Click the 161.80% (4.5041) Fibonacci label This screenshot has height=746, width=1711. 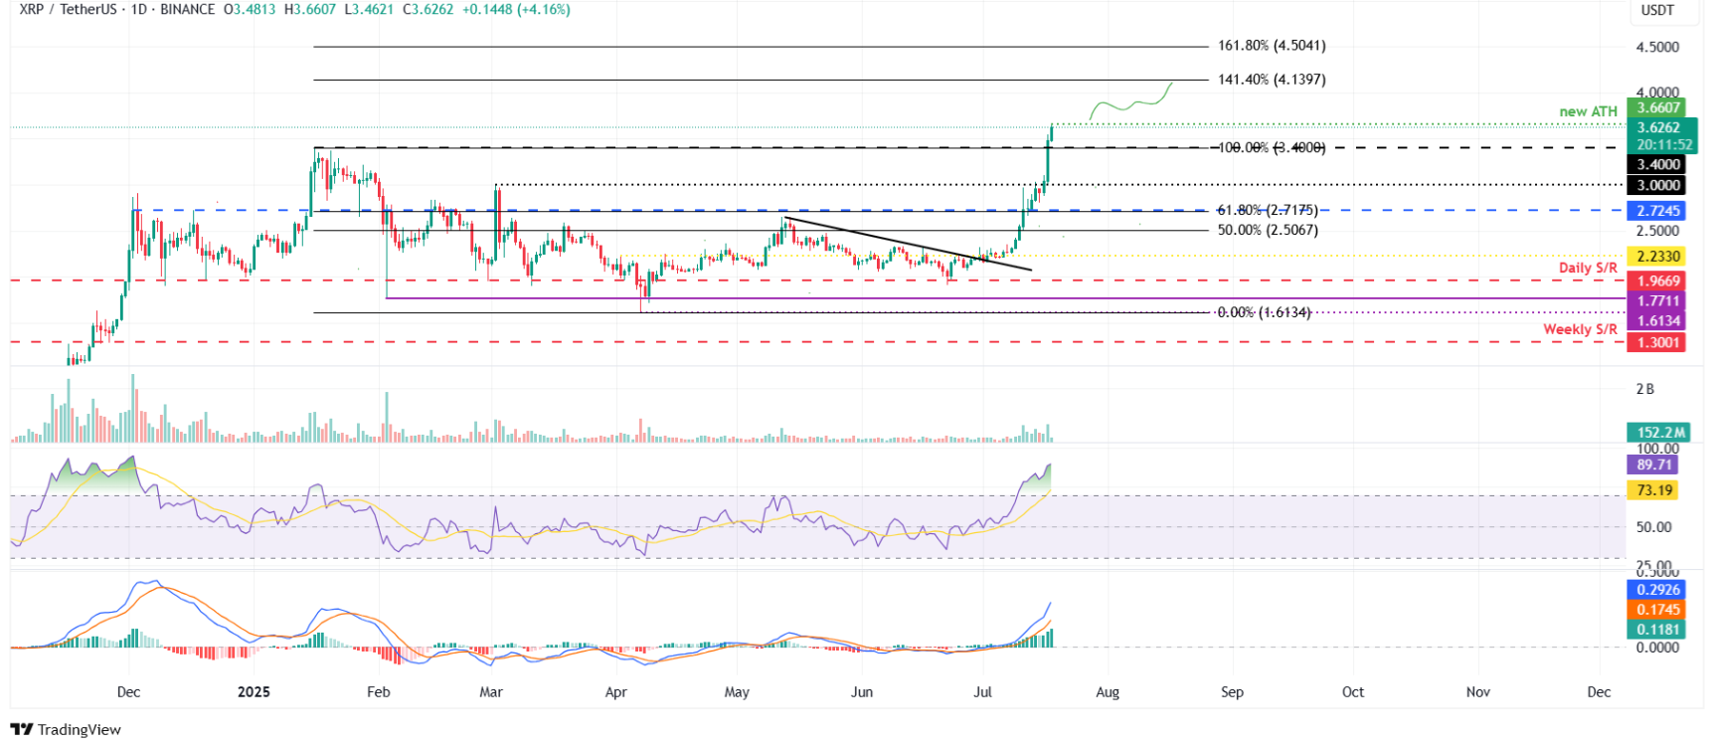pos(1272,46)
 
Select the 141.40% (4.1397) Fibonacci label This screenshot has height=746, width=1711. pos(1272,80)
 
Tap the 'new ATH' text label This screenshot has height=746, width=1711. pos(1588,111)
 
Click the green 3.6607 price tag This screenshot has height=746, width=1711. pos(1657,108)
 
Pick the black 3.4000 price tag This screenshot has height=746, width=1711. pos(1657,165)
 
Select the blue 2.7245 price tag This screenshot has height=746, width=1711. pos(1657,211)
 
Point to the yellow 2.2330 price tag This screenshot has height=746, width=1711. pos(1657,257)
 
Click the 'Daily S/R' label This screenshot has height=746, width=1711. pos(1588,268)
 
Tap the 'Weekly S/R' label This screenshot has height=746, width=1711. pos(1580,329)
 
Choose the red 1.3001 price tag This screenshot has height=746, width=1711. pos(1657,343)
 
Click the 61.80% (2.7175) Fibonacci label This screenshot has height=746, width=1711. pos(1268,211)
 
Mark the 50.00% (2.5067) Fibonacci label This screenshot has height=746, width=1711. pos(1268,230)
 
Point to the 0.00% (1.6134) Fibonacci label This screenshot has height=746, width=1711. pos(1264,312)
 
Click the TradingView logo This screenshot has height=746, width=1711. pos(66,729)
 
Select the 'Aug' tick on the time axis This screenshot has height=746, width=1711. pos(1108,692)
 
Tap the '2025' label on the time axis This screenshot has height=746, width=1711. pos(254,692)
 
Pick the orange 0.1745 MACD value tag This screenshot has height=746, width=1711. pos(1657,610)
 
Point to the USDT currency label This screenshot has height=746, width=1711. pos(1657,10)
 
